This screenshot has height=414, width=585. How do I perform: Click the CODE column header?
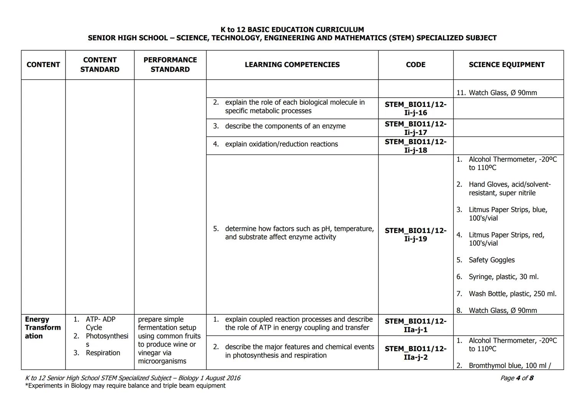(x=415, y=65)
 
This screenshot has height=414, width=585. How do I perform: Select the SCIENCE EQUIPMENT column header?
(x=506, y=65)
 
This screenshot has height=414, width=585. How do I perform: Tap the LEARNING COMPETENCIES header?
(x=292, y=65)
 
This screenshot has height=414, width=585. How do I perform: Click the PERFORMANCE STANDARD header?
(x=170, y=65)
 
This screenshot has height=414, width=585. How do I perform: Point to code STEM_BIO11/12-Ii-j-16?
(x=415, y=108)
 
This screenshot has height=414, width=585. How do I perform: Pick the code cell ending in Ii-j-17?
(x=415, y=128)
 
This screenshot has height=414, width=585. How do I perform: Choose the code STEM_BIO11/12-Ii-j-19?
(x=415, y=235)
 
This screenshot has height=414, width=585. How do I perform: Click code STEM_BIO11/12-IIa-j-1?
(x=415, y=325)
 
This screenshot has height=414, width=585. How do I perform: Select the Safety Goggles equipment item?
(x=492, y=260)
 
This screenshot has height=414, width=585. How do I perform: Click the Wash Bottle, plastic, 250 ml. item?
(x=512, y=294)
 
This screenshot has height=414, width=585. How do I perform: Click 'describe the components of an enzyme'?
(x=285, y=126)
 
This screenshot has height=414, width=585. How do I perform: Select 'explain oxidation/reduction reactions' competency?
(x=281, y=144)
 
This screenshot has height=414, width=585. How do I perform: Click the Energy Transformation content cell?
(x=43, y=328)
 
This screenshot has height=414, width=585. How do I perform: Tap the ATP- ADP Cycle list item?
(x=100, y=323)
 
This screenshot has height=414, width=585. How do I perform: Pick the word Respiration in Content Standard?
(x=103, y=353)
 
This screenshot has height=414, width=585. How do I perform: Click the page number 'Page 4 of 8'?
(x=516, y=378)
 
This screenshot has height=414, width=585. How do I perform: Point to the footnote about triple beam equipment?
(x=125, y=386)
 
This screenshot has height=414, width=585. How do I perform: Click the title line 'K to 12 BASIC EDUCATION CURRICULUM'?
(x=292, y=30)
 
